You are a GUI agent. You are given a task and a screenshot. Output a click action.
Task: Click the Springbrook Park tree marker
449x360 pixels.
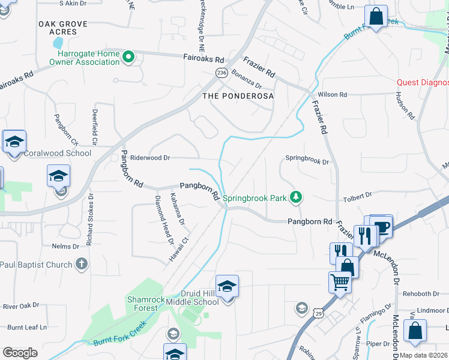(x=295, y=197)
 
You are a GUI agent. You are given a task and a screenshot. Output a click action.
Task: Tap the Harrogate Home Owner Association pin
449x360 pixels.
(x=128, y=58)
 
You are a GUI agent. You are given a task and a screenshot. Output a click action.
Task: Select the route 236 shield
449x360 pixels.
(x=221, y=72)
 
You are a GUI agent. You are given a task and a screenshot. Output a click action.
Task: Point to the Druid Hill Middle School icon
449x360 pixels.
(x=227, y=286)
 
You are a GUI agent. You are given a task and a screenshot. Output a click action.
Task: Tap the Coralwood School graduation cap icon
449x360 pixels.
(x=14, y=142)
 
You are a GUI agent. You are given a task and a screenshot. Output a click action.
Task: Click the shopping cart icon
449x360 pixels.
(x=340, y=281)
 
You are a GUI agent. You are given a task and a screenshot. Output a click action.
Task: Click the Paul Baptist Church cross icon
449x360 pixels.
(x=82, y=264)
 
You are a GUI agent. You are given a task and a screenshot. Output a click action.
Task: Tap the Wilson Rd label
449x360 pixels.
(x=333, y=95)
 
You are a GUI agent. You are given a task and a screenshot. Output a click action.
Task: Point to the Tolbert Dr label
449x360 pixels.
(x=358, y=196)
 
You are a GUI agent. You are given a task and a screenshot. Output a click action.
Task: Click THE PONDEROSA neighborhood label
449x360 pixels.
(x=238, y=96)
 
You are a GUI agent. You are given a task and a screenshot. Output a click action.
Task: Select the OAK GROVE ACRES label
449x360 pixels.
(x=63, y=28)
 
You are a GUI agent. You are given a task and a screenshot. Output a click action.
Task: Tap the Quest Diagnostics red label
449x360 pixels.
(x=423, y=83)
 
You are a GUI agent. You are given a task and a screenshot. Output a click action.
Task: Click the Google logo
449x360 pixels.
(x=20, y=353)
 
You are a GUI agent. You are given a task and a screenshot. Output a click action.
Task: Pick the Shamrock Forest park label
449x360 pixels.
(x=142, y=304)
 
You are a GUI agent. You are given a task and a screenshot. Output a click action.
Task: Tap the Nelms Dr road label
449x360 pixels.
(x=66, y=247)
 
